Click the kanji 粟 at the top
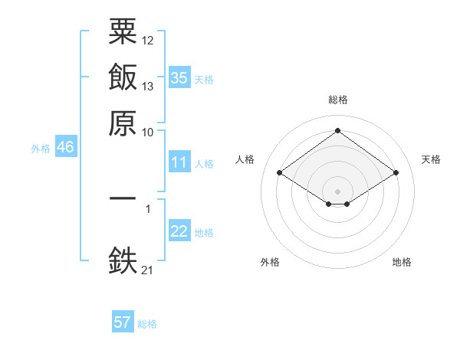click(123, 31)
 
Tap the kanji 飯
click(123, 77)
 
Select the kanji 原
click(123, 123)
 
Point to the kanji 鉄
click(123, 260)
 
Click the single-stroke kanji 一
click(123, 198)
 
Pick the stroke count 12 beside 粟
click(147, 41)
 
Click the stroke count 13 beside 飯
click(147, 87)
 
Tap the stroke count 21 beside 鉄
click(147, 270)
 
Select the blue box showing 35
click(179, 77)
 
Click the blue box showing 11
click(179, 162)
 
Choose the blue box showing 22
click(179, 230)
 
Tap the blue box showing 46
click(66, 146)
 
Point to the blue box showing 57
click(123, 321)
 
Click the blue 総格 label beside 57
click(147, 324)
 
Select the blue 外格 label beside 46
click(41, 149)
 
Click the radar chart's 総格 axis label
click(338, 100)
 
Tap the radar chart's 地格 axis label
click(402, 262)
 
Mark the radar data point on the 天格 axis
click(396, 172)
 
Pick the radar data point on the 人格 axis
click(280, 172)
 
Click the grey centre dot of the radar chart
click(337, 191)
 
